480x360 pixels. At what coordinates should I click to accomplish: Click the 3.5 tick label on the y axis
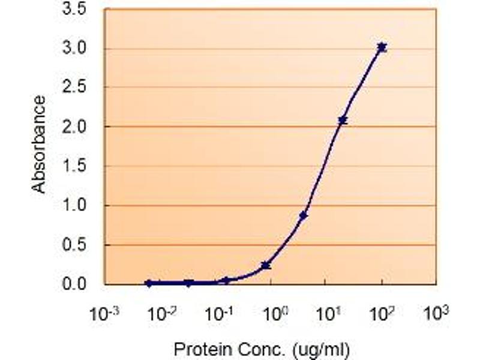pos(74,10)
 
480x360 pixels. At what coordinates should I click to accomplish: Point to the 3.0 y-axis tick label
pos(74,48)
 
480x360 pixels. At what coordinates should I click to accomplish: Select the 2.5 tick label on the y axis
pos(74,87)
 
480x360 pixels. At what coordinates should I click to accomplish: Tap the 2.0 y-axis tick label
pos(74,127)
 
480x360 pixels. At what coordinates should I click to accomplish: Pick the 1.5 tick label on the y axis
pos(74,166)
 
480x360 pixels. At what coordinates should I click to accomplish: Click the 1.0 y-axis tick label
pos(74,205)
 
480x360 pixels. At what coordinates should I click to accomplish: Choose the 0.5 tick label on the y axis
pos(74,245)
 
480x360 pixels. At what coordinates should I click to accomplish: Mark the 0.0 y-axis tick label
pos(74,284)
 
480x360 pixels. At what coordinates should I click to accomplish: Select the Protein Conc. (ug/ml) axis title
pos(261,348)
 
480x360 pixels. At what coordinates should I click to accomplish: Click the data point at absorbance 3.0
pos(382,47)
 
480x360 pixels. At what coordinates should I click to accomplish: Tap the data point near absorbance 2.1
pos(343,121)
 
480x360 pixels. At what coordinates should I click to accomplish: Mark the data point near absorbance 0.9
pos(304,215)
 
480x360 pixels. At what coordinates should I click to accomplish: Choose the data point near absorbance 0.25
pos(265,265)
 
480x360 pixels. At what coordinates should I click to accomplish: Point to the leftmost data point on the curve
pos(149,283)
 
